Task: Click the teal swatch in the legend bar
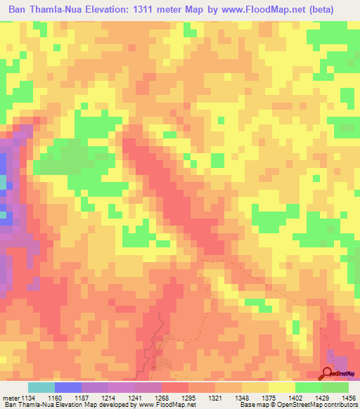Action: click(x=41, y=387)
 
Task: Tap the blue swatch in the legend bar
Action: click(x=67, y=387)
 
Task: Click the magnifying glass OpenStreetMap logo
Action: click(x=328, y=373)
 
